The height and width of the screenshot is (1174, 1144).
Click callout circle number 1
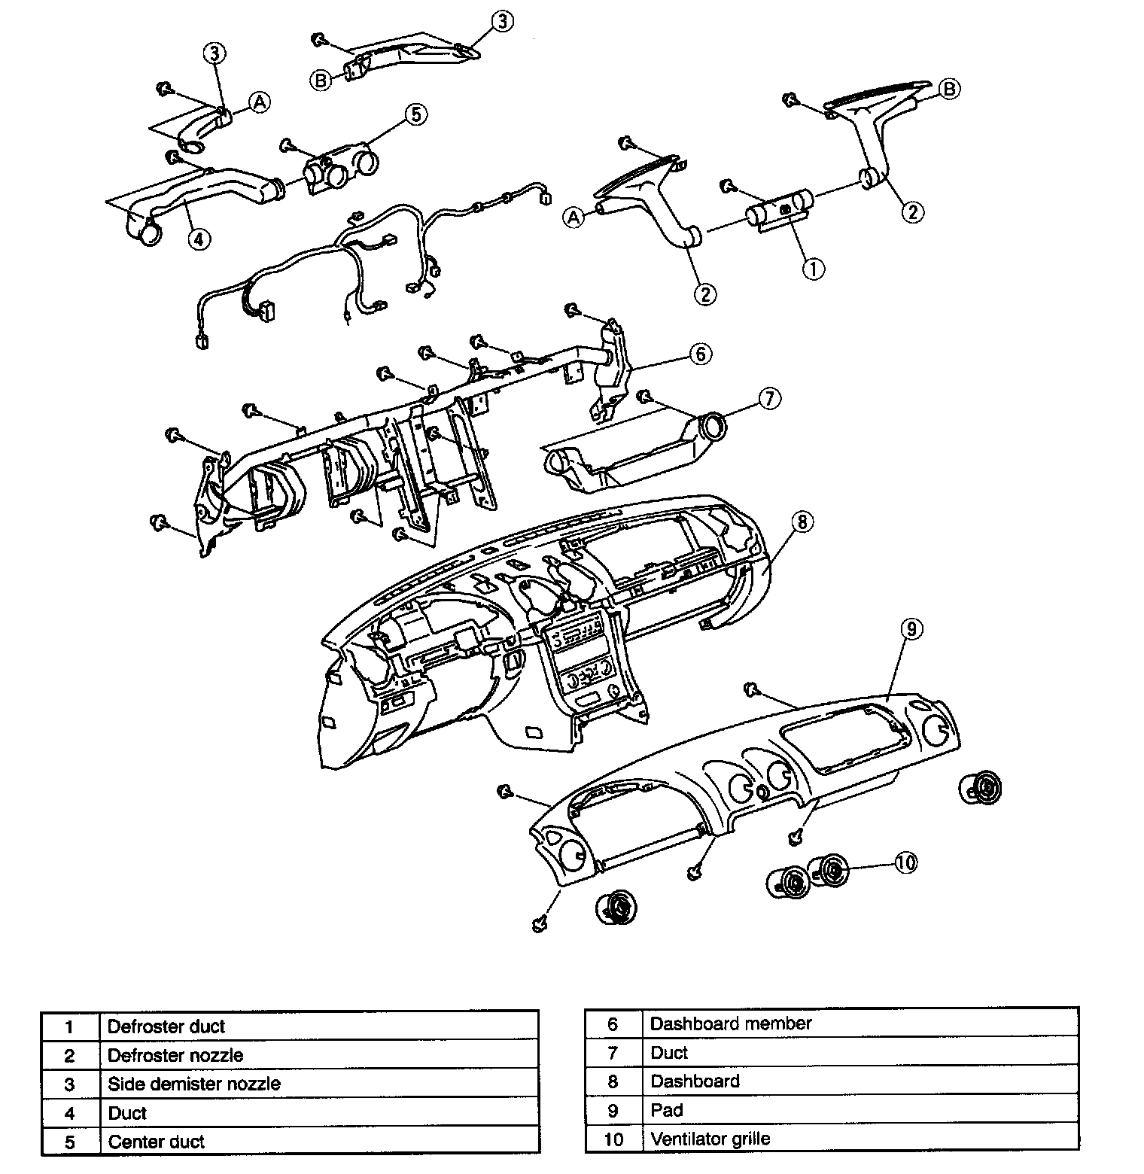click(x=813, y=268)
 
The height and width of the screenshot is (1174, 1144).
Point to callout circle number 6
click(x=700, y=353)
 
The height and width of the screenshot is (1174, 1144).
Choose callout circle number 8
click(x=802, y=521)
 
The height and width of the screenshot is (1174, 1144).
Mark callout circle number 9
click(x=911, y=629)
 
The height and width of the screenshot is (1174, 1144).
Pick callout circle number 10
click(x=906, y=862)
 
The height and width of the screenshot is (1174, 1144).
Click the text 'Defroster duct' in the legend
click(x=166, y=1026)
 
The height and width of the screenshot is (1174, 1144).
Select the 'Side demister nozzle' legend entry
click(x=194, y=1084)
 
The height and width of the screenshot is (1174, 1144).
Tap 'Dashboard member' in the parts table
click(x=731, y=1023)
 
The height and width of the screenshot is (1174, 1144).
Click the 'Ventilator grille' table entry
click(x=710, y=1139)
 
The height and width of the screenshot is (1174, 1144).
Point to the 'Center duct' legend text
click(x=157, y=1142)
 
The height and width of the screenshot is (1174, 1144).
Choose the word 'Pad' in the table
click(x=667, y=1110)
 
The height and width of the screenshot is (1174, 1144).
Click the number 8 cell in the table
click(x=613, y=1081)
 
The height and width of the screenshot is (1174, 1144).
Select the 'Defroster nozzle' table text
click(x=175, y=1055)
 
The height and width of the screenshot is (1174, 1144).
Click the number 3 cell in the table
click(x=69, y=1084)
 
